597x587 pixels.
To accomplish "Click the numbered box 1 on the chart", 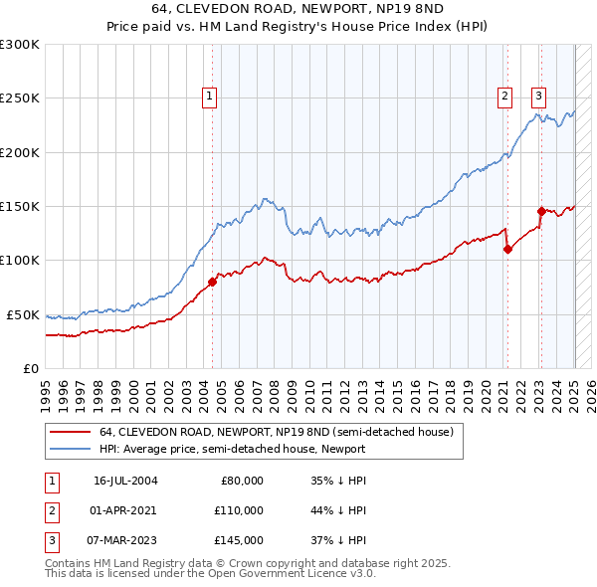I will coord(211,97).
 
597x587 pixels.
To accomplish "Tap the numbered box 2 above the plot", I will coord(505,97).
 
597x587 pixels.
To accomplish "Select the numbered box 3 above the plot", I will coord(538,97).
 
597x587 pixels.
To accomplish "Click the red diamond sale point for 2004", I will coord(212,282).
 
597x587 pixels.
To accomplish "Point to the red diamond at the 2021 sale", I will coord(507,249).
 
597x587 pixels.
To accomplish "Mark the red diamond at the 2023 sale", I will coord(541,211).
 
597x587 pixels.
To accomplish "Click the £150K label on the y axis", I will coord(20,206).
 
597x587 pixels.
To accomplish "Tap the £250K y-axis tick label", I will coord(20,98).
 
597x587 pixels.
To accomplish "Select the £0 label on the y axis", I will coord(31,368).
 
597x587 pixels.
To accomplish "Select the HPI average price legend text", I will coord(232,449).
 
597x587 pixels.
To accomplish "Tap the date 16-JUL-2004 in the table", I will coord(125,481).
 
